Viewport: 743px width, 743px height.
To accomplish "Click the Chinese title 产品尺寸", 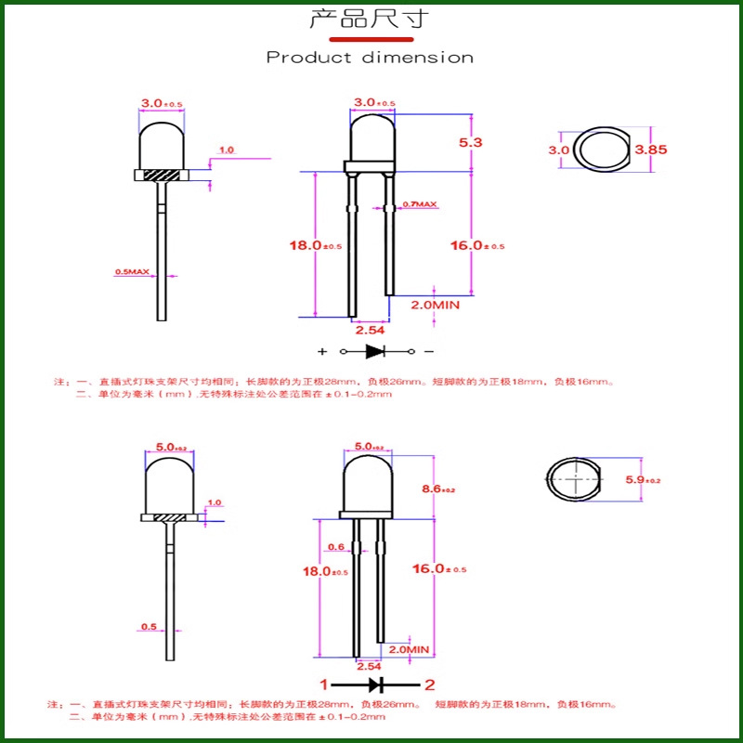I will pos(370,20).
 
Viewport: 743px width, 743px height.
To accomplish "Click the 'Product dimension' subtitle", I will pos(370,58).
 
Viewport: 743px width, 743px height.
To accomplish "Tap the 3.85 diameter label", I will pos(651,149).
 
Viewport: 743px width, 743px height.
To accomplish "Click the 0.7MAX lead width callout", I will pos(419,203).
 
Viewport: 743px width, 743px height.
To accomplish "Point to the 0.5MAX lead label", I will pos(132,272).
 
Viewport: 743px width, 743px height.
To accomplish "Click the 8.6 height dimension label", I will pos(437,489).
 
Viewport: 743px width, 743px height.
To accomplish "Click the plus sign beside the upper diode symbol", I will pos(323,352).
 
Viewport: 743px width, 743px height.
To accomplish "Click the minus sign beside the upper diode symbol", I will pos(428,352).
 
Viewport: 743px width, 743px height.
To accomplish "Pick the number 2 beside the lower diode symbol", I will pos(429,685).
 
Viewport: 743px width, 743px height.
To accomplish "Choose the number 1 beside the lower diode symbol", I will pos(324,685).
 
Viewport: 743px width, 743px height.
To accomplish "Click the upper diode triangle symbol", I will pos(375,352).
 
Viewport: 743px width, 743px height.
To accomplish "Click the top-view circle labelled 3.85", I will pos(600,150).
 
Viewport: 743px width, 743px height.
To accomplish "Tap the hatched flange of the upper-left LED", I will pos(162,174).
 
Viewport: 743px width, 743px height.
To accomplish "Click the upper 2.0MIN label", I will pos(436,304).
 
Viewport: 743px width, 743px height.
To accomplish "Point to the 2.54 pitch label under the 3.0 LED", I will pos(370,329).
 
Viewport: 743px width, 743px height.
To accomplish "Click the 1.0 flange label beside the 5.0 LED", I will pos(215,502).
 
